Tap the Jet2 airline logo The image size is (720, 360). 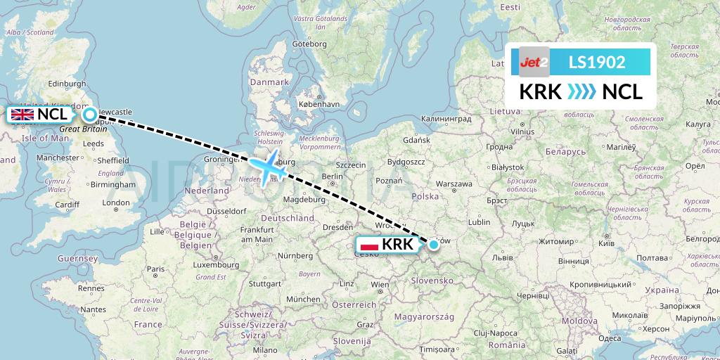pos(534,62)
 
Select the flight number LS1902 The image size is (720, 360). pos(597,62)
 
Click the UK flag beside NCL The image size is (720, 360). pos(22,115)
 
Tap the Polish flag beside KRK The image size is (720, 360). pos(370,245)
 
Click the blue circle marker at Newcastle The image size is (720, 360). pos(89,115)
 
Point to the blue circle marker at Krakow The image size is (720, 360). pos(434,244)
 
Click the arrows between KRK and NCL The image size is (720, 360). pos(581,92)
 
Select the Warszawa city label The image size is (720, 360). pos(454,184)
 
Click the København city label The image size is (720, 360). pos(319,103)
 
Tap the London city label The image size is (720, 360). pos(115,202)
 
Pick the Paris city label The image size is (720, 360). pos(156,269)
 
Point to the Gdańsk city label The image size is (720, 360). pos(416,140)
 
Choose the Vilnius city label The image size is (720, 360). pos(522,131)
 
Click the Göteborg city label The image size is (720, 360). pos(310,43)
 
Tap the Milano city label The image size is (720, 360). pos(266,349)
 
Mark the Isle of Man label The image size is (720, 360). pos(44,138)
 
